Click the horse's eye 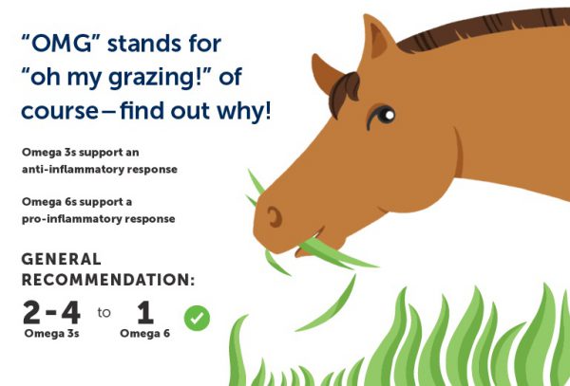tap(384, 115)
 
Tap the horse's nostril tap(275, 217)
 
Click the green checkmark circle tap(197, 318)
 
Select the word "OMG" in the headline tap(62, 44)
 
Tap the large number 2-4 tap(51, 312)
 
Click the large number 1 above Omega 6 tap(145, 312)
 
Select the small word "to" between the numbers tap(104, 312)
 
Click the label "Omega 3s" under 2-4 tap(51, 334)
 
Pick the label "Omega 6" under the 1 tap(145, 334)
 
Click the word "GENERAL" tap(61, 260)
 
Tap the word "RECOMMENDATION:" tap(108, 280)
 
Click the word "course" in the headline tap(60, 112)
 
